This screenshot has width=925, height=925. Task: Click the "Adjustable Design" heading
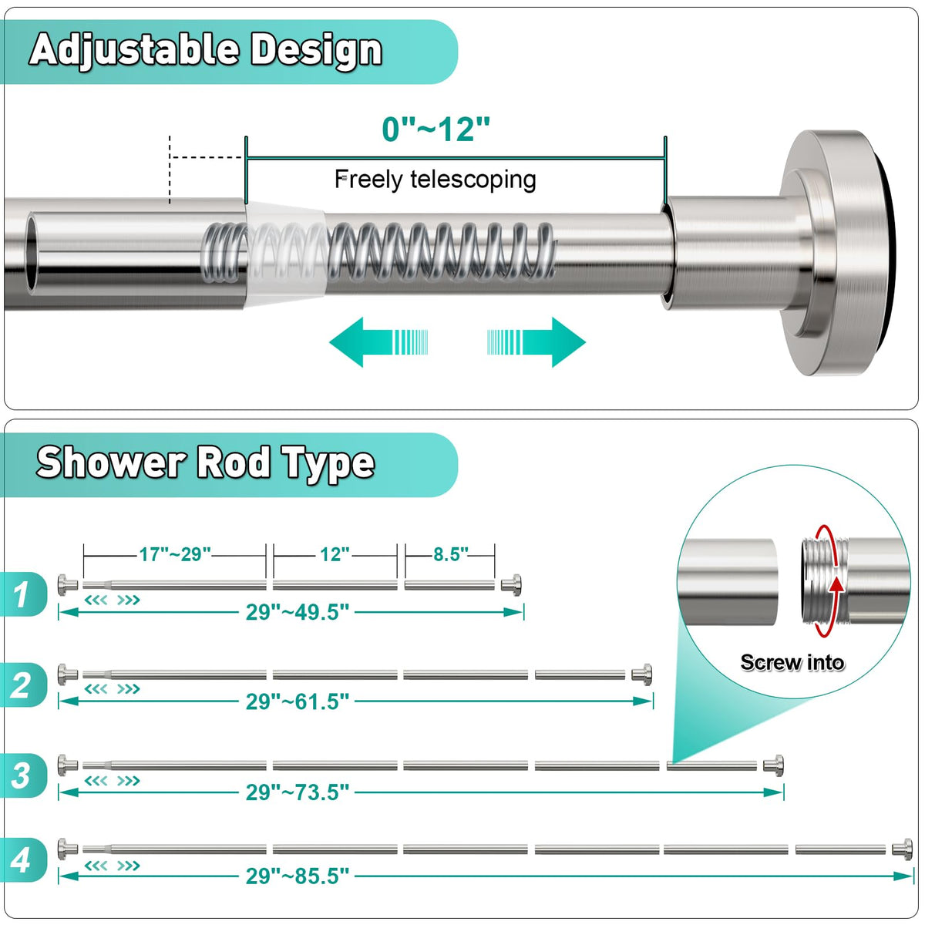pyautogui.click(x=206, y=51)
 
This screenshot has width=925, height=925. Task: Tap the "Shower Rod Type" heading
pyautogui.click(x=206, y=462)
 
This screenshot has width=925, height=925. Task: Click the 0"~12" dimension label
pyautogui.click(x=436, y=129)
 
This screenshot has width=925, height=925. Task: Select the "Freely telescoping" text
pyautogui.click(x=436, y=180)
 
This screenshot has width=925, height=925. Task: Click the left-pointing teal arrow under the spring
pyautogui.click(x=378, y=341)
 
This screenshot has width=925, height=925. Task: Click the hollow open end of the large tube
pyautogui.click(x=32, y=254)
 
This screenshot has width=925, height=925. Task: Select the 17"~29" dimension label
pyautogui.click(x=175, y=554)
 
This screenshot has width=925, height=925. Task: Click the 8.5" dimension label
pyautogui.click(x=451, y=554)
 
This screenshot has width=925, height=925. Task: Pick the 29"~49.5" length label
pyautogui.click(x=298, y=612)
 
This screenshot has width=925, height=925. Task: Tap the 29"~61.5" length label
pyautogui.click(x=298, y=701)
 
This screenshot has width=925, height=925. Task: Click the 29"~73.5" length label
pyautogui.click(x=298, y=792)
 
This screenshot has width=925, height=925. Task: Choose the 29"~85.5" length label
pyautogui.click(x=298, y=876)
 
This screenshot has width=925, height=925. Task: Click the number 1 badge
pyautogui.click(x=22, y=595)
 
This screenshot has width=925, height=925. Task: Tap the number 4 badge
pyautogui.click(x=22, y=859)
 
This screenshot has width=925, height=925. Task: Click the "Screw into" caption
pyautogui.click(x=792, y=662)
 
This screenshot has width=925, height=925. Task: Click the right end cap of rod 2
pyautogui.click(x=641, y=674)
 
